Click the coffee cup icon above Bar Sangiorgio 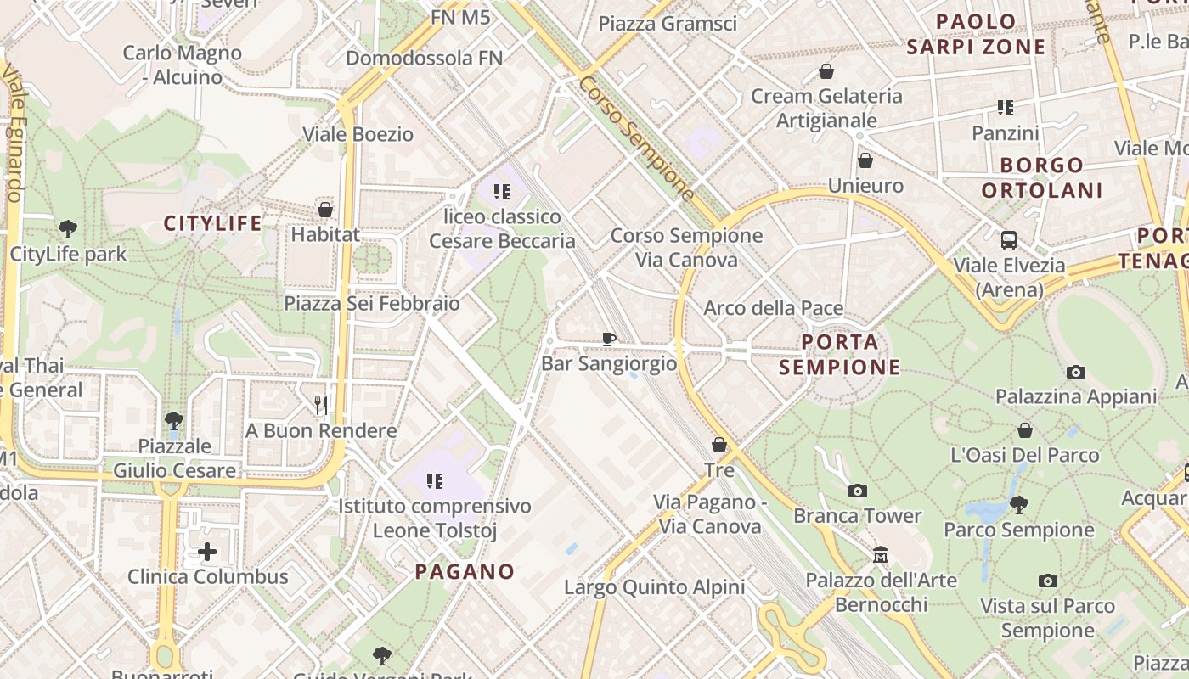click(608, 339)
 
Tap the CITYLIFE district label click(213, 223)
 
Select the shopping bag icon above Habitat click(324, 209)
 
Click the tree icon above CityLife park click(68, 228)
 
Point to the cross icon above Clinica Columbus click(207, 553)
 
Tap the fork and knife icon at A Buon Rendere click(321, 406)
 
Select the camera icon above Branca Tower click(858, 491)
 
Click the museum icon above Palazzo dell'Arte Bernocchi click(881, 555)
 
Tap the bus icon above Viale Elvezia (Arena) click(1009, 240)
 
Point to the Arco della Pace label click(773, 308)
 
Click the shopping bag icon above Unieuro click(865, 160)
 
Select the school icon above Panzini click(1006, 108)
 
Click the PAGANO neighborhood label click(465, 571)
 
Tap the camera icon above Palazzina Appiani click(1076, 372)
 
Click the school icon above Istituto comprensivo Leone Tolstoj click(435, 481)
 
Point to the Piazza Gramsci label click(668, 24)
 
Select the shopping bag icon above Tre click(719, 445)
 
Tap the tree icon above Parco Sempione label click(1019, 505)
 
